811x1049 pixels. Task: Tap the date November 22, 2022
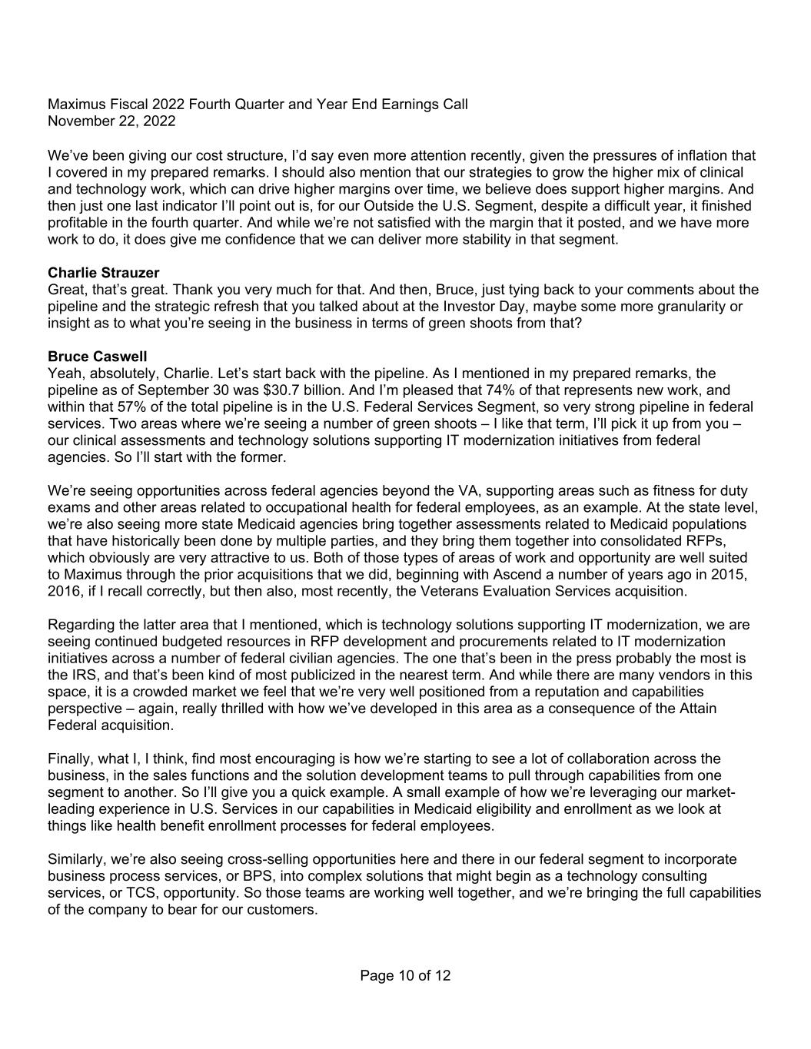pyautogui.click(x=111, y=121)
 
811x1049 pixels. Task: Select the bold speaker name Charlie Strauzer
pyautogui.click(x=103, y=273)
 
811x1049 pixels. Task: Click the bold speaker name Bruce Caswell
pyautogui.click(x=97, y=357)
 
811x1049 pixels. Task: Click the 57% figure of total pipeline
pyautogui.click(x=115, y=407)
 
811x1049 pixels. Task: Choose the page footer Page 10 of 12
pyautogui.click(x=405, y=976)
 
